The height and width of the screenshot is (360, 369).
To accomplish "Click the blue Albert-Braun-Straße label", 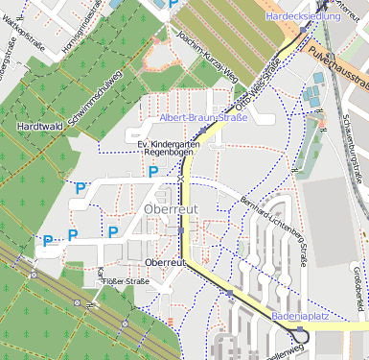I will pos(203,118).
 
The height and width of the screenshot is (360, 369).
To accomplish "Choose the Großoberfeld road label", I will pos(357,288).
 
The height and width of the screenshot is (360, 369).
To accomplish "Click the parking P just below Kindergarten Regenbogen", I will pos(153,172).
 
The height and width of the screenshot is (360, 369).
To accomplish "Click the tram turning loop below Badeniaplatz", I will pos(303,334).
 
